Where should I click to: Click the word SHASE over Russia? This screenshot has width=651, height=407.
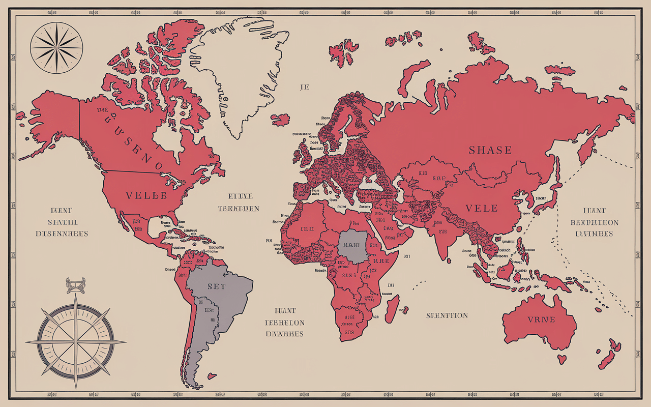point(490,150)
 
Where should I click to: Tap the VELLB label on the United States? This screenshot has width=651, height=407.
point(146,196)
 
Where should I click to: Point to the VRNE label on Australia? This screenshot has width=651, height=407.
point(541,320)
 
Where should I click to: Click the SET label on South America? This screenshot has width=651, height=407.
point(216,286)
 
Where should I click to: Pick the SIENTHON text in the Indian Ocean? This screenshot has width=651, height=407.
point(447,316)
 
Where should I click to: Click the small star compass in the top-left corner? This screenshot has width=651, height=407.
point(56,48)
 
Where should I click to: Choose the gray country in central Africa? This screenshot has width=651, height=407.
point(352,246)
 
